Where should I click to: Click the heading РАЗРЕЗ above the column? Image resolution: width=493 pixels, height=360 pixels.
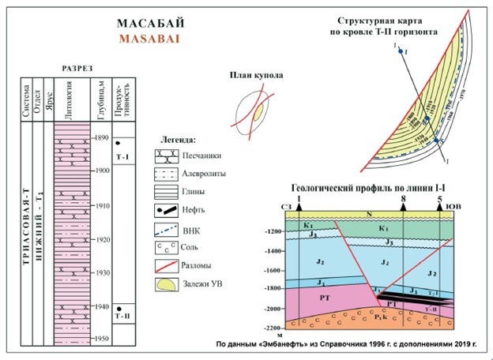77,69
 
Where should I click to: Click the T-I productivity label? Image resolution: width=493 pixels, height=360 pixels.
122,158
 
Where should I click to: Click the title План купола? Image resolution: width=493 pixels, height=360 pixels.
257,77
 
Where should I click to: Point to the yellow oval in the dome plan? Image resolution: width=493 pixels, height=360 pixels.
258,113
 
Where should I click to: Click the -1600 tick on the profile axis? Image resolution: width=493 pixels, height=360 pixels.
274,270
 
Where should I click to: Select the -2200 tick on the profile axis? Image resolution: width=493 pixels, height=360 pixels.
274,327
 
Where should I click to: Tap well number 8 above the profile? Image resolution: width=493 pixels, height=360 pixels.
403,200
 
